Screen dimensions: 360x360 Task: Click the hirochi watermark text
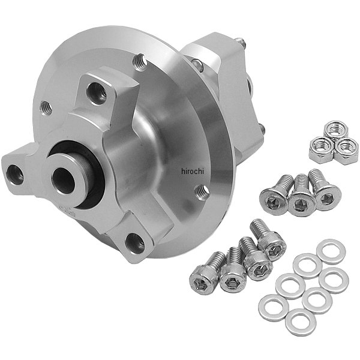193,171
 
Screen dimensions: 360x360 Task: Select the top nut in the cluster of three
335,130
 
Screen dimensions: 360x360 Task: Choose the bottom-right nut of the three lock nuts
346,151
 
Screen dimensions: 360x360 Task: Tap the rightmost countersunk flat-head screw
324,191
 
